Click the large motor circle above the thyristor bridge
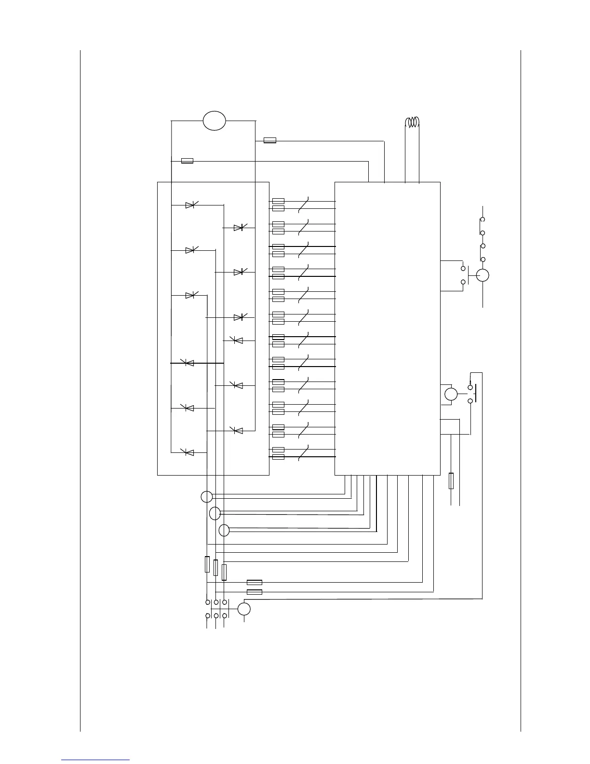tap(214, 121)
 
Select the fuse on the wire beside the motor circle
tap(270, 140)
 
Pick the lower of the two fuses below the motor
tap(187, 161)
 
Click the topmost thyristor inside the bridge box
tap(190, 205)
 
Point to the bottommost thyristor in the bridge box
tap(189, 452)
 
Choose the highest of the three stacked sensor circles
tap(206, 496)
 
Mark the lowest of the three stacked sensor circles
tap(224, 531)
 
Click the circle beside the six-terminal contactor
tap(244, 609)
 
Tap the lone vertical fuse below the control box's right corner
tap(451, 481)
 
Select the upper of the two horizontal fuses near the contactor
tap(255, 582)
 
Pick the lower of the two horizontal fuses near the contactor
tap(255, 592)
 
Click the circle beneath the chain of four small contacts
tap(483, 275)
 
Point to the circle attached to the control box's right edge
tap(451, 394)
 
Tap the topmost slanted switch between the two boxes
tap(303, 205)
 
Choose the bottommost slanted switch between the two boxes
tap(303, 453)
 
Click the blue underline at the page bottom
tap(95, 760)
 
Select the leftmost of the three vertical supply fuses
tap(207, 564)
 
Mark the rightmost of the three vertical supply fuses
tap(224, 572)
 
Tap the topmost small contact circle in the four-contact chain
tap(483, 219)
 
